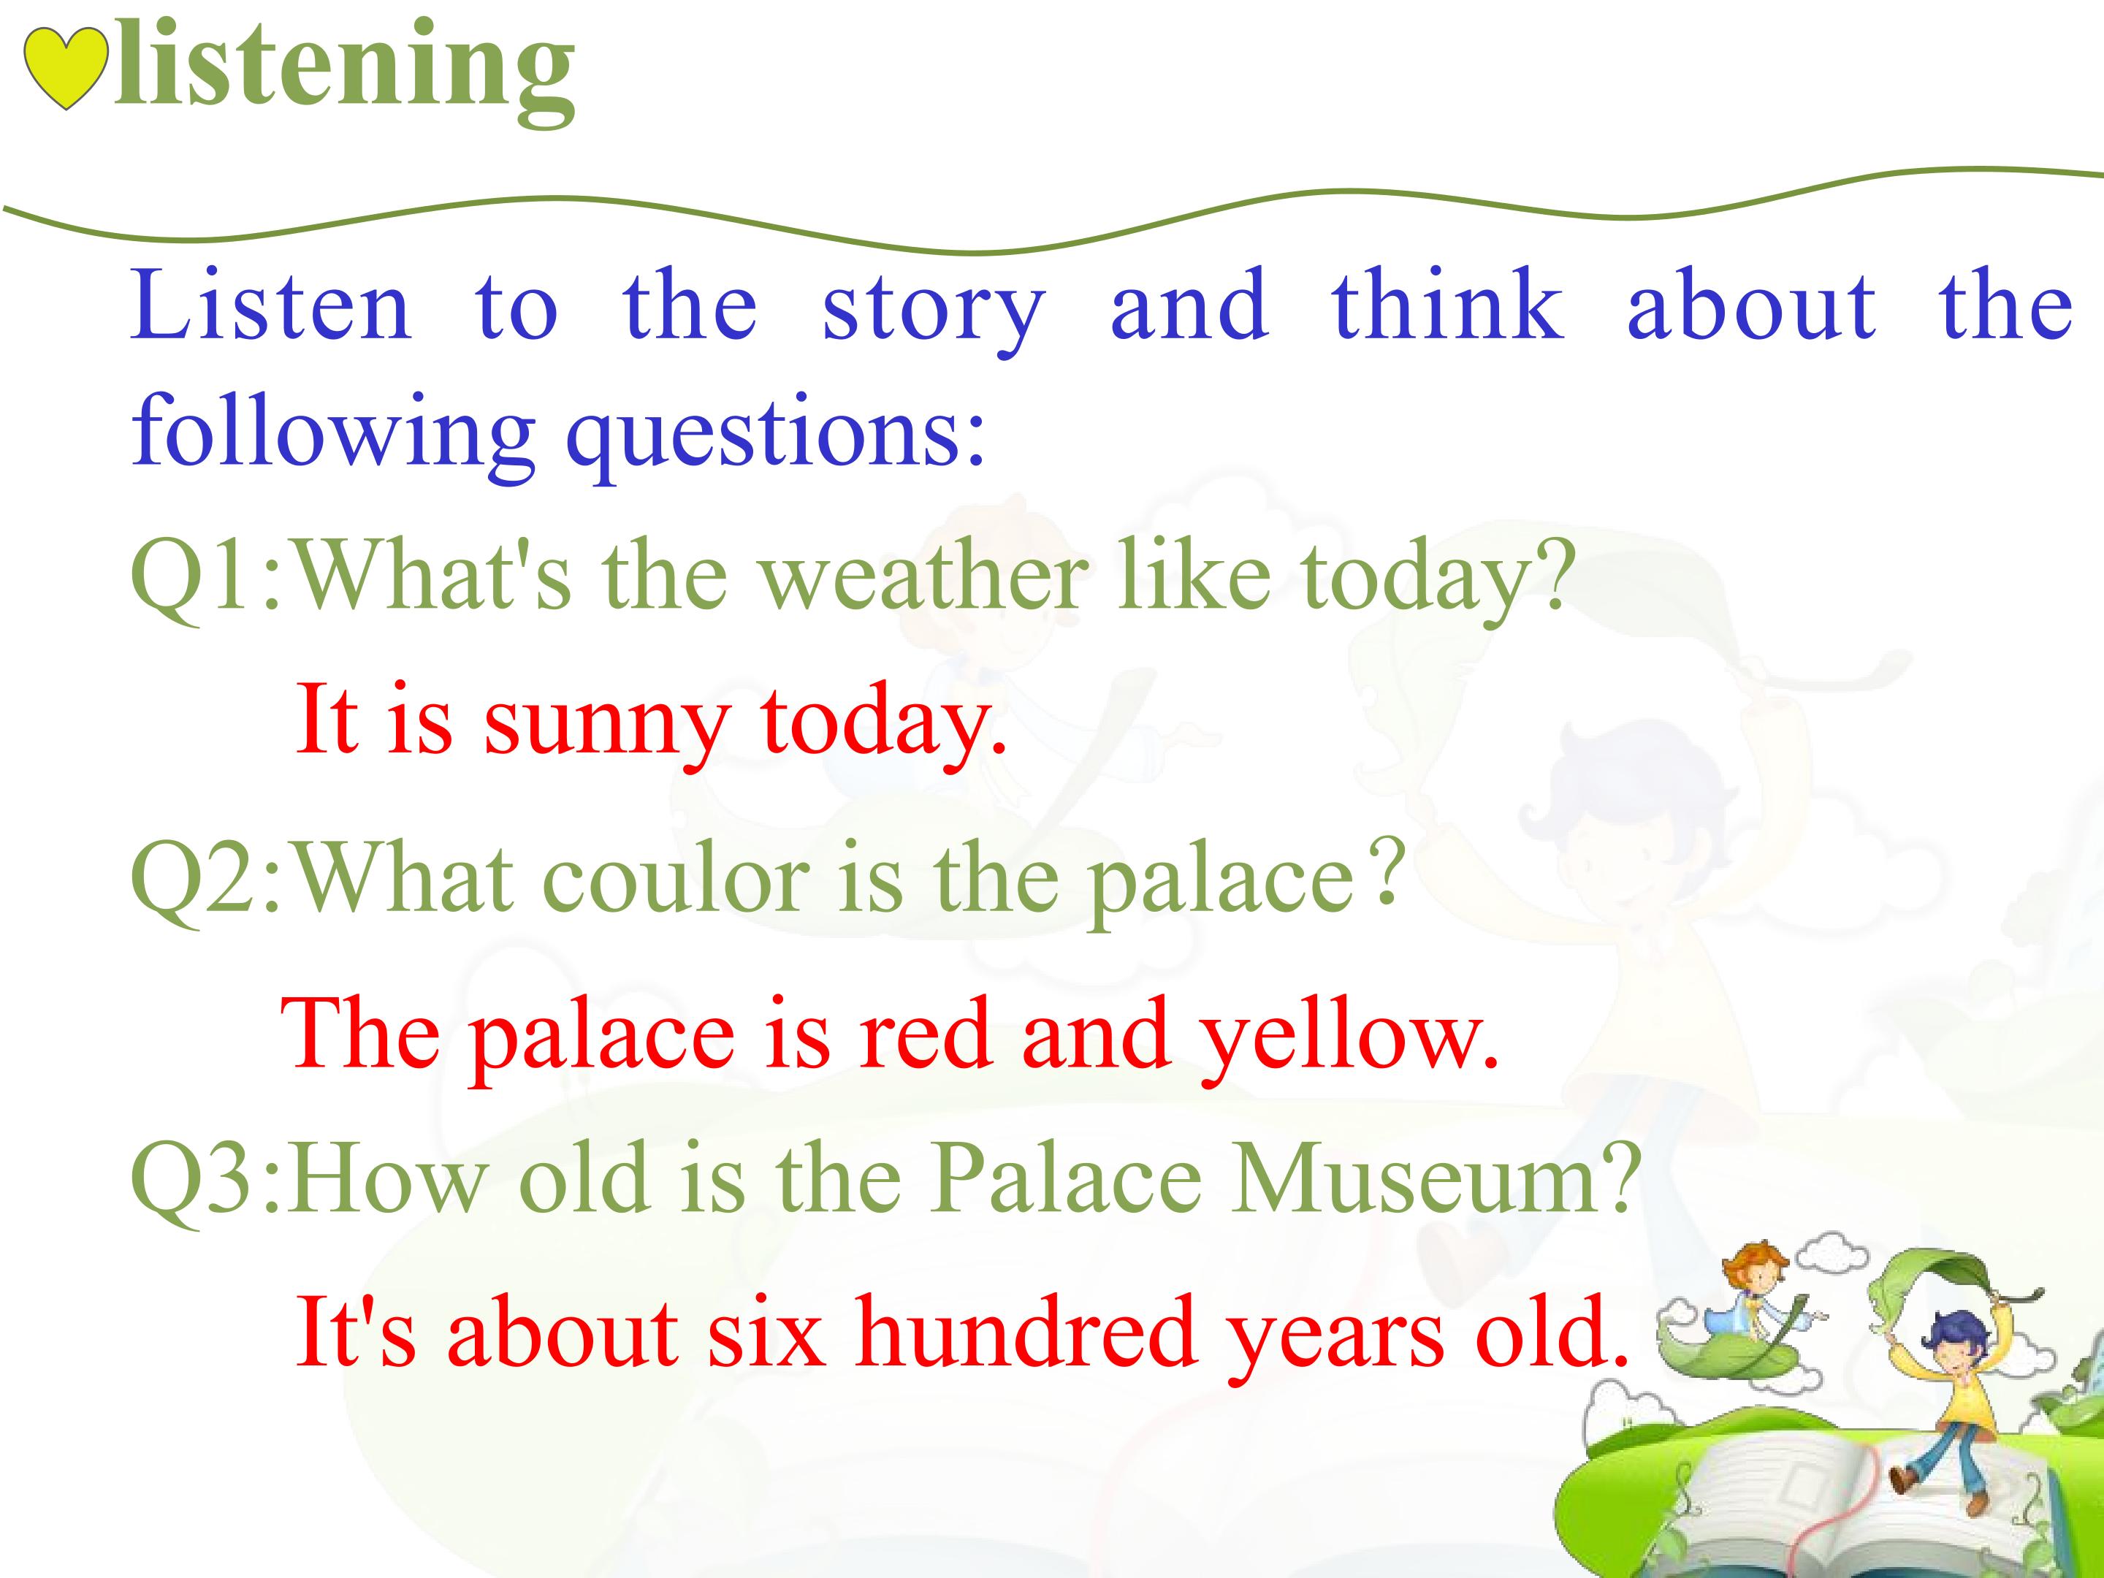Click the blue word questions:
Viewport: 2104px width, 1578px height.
point(775,437)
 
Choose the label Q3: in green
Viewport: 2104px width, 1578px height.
point(207,1178)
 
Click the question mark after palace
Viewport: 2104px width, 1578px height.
point(1389,872)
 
